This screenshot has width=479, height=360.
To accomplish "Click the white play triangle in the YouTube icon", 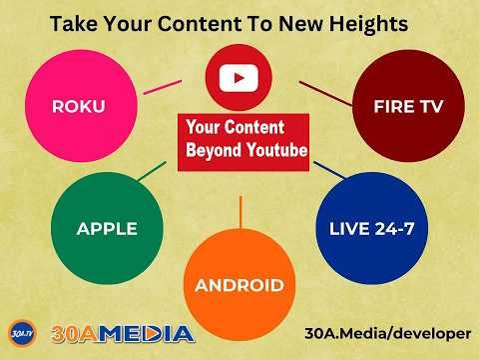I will tap(239, 77).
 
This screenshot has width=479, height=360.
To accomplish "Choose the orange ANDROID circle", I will tap(239, 285).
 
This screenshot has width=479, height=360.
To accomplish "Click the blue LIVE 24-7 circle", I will tap(371, 229).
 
